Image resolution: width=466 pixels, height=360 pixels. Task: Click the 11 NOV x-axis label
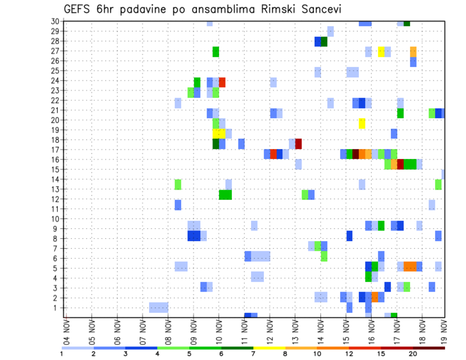click(244, 331)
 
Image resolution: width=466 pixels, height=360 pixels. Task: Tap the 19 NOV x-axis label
click(444, 331)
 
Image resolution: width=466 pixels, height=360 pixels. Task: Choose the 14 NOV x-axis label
click(320, 331)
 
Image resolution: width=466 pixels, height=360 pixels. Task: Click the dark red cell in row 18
click(299, 144)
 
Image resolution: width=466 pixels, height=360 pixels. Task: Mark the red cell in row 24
click(222, 82)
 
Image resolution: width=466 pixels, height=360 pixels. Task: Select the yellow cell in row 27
click(381, 51)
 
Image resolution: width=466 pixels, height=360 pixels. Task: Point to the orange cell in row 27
click(413, 51)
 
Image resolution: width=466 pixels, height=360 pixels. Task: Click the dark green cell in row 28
click(324, 42)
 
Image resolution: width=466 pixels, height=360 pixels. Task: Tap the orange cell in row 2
click(375, 297)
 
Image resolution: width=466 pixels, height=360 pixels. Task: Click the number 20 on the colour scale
click(413, 354)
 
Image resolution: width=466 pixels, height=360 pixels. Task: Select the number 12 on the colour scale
click(349, 354)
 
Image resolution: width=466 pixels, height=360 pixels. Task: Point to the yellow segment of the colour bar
click(269, 348)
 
